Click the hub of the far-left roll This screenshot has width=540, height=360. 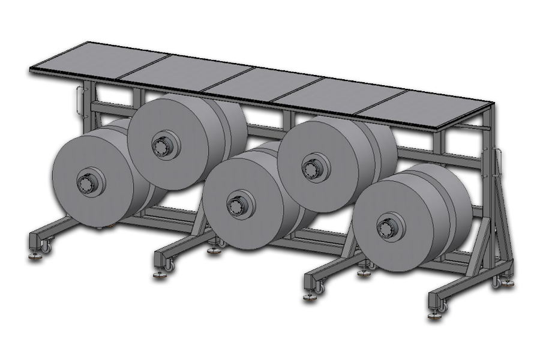coord(86,181)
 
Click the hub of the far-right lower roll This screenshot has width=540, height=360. coord(386,227)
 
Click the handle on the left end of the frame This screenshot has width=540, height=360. coord(80,99)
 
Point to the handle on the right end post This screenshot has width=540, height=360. coord(497,161)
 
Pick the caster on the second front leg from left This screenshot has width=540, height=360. coord(172,265)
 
